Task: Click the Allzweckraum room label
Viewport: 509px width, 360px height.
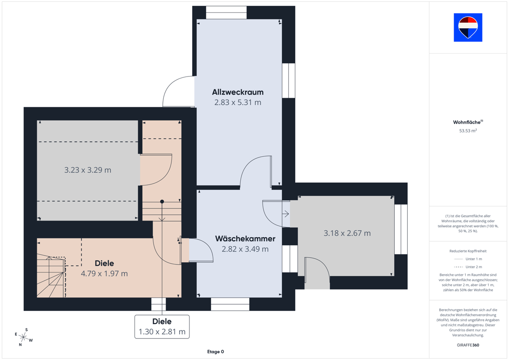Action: tap(238, 92)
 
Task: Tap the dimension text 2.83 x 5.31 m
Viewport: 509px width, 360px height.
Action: tap(238, 102)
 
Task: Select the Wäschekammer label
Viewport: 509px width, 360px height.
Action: tap(245, 238)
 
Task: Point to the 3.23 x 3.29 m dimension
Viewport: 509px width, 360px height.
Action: tap(88, 170)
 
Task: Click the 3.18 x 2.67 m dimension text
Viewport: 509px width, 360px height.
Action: tap(347, 233)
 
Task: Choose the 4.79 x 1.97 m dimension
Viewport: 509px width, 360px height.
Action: tap(104, 274)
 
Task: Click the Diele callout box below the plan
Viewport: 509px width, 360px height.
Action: tap(162, 327)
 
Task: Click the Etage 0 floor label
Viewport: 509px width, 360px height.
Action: tap(216, 351)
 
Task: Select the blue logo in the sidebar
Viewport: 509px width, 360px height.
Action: tap(468, 27)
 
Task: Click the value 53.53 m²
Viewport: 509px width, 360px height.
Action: tap(468, 131)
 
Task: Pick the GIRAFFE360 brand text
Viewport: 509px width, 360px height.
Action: tap(468, 345)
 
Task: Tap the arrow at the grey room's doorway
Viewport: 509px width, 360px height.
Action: tap(286, 214)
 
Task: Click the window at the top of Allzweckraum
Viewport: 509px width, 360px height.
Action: tap(226, 13)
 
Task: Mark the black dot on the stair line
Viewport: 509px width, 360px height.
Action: tap(162, 202)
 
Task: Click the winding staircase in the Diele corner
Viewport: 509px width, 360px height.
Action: tap(51, 276)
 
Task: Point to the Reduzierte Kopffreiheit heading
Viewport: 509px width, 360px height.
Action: tap(468, 251)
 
